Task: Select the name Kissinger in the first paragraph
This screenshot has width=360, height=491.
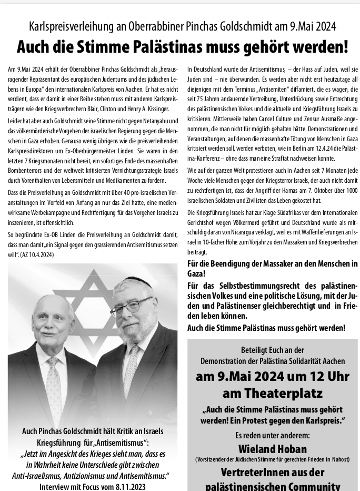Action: click(155, 109)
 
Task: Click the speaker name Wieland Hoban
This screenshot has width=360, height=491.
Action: click(272, 449)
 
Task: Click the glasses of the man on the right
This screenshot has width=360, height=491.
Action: click(131, 306)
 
